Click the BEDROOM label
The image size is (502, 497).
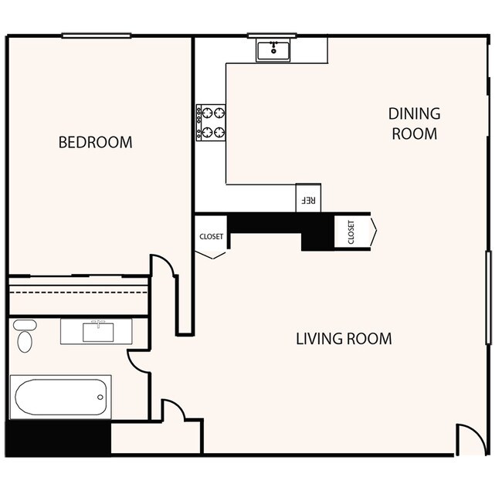pyautogui.click(x=95, y=143)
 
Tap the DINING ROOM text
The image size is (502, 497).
pyautogui.click(x=414, y=123)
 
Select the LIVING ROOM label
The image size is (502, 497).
pyautogui.click(x=344, y=339)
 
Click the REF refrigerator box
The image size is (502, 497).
pyautogui.click(x=307, y=198)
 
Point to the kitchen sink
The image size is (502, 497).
pyautogui.click(x=273, y=51)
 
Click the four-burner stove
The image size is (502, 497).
pyautogui.click(x=210, y=123)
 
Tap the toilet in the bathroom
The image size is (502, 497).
pyautogui.click(x=25, y=336)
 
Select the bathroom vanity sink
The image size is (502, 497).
pyautogui.click(x=97, y=331)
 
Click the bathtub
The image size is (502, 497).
pyautogui.click(x=60, y=397)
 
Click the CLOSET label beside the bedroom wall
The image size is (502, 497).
pyautogui.click(x=211, y=237)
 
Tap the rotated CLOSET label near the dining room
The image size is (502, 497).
pyautogui.click(x=351, y=232)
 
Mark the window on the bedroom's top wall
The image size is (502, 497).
pyautogui.click(x=96, y=35)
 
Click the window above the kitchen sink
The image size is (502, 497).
pyautogui.click(x=272, y=35)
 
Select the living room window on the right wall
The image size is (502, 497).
pyautogui.click(x=487, y=297)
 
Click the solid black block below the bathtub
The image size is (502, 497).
pyautogui.click(x=58, y=438)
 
